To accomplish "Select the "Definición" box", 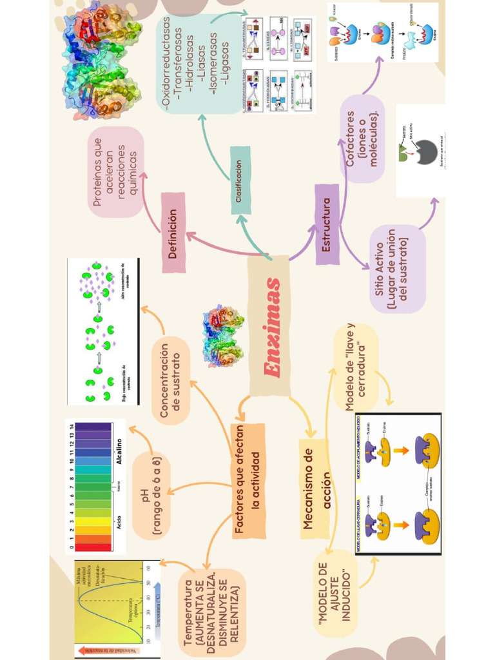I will click(173, 233).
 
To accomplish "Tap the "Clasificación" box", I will click(240, 180).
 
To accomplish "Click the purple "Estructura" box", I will click(327, 225).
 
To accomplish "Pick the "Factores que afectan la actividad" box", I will click(248, 481).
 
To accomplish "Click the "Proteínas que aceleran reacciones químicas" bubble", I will click(116, 171).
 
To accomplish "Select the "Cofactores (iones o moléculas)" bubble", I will click(362, 139).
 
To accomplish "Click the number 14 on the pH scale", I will click(72, 427).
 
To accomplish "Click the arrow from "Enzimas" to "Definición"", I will click(219, 246).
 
